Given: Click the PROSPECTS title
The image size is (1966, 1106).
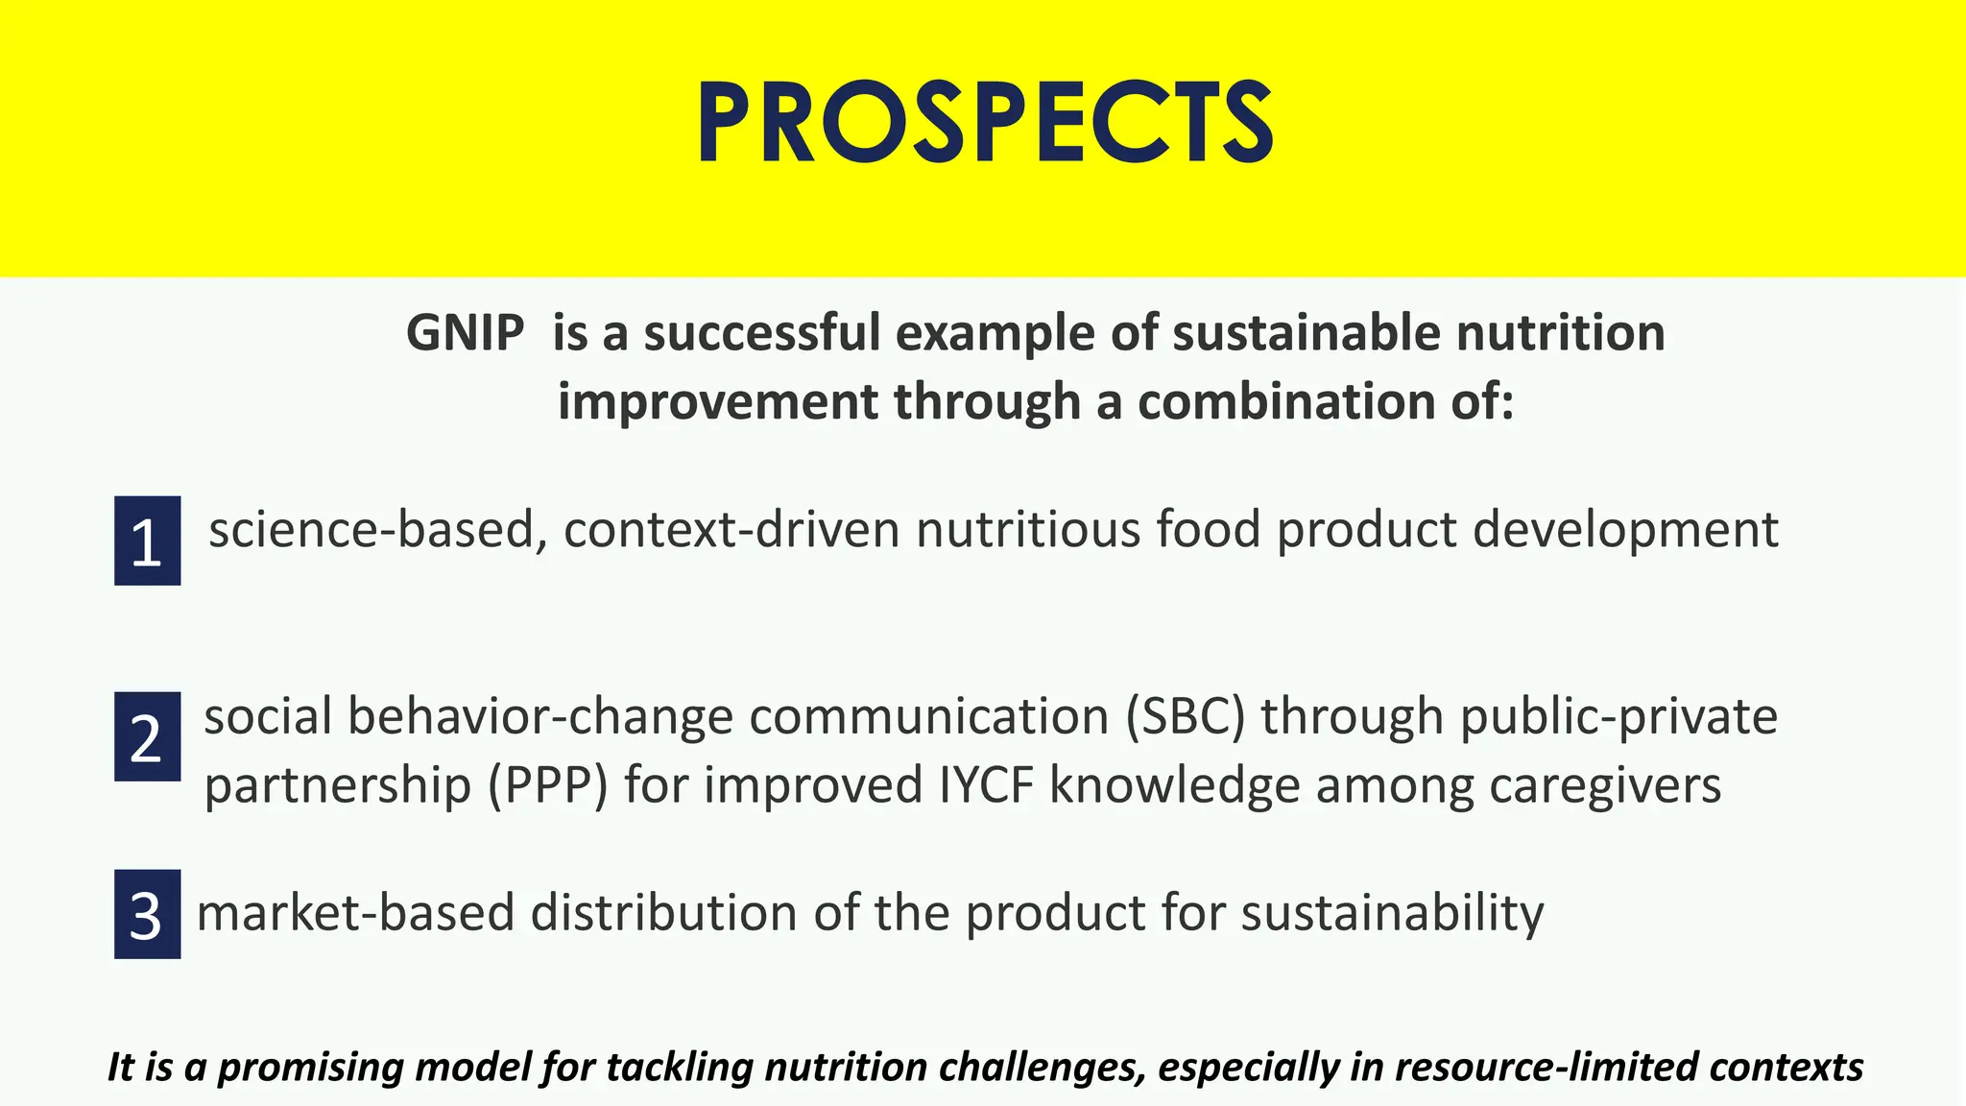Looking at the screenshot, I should tap(984, 123).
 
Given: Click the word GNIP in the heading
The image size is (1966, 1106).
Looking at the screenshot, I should tap(465, 334).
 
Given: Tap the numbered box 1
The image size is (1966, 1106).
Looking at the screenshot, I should tap(147, 541).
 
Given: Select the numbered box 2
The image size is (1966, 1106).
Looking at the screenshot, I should tap(147, 736).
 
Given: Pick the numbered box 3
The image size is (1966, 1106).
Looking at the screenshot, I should tap(147, 914).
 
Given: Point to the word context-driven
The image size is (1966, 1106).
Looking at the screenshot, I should tap(731, 530).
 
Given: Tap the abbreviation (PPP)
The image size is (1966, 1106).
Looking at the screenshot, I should tap(548, 785).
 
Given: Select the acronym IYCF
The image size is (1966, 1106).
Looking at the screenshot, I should tap(987, 785).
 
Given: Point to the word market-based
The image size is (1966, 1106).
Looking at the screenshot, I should tap(355, 912).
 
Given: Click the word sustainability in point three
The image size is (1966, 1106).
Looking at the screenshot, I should tap(1392, 912).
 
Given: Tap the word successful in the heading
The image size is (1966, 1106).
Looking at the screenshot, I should tap(762, 334).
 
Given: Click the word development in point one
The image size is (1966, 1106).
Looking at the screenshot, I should tap(1625, 530).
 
